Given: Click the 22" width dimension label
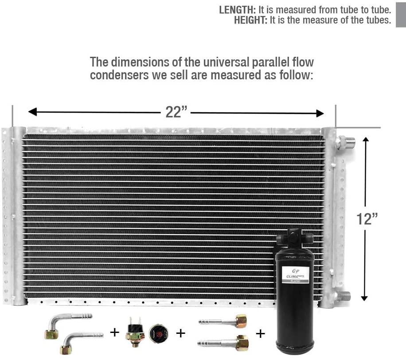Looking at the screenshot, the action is pos(176,112).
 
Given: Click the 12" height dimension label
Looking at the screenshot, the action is pos(367,219).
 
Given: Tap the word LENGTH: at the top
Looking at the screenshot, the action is pos(237,10).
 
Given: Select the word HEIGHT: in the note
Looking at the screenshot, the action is pos(250,20).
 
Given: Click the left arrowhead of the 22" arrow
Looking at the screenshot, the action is pos(32,112).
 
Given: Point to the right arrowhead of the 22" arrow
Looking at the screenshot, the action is pos(320,113).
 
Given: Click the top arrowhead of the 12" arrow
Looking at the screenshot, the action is pos(366,140).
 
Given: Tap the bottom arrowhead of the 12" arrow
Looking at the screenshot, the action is pos(364,298).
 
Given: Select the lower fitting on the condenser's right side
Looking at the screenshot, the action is pos(344,296).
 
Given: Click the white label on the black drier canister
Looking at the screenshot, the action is pos(295,274).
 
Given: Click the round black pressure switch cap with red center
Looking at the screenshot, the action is pos(159,333).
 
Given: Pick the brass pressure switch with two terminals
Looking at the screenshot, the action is pos(135,332).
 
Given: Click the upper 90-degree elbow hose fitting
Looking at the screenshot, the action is pos(66,325).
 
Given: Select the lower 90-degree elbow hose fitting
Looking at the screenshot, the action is pos(80,343).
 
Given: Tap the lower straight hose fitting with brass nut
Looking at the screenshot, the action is pos(223,343).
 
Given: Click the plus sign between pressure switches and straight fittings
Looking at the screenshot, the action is pos(180,333).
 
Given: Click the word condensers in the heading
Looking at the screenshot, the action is pos(119,75).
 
